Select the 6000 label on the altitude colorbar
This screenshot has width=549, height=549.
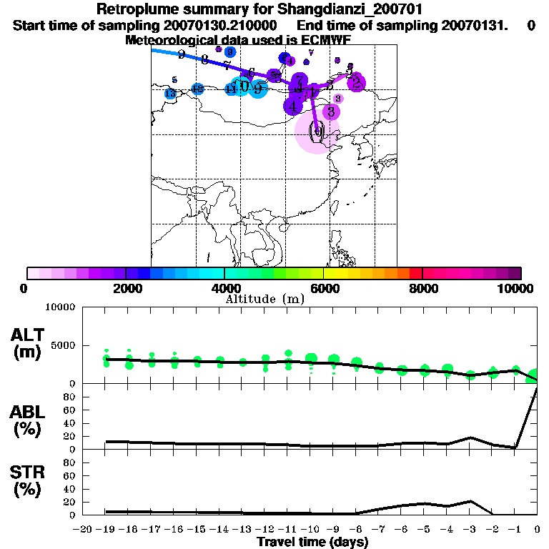tap(324, 288)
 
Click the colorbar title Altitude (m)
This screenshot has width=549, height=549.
tap(264, 299)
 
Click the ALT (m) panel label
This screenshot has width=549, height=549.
tap(28, 343)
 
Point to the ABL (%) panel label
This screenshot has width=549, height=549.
tap(28, 420)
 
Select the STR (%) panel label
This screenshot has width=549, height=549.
tap(28, 481)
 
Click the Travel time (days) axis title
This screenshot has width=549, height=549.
tap(312, 543)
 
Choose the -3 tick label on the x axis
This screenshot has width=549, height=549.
tap(469, 530)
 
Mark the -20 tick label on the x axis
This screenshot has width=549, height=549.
tap(83, 530)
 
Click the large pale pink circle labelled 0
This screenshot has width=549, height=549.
tap(317, 132)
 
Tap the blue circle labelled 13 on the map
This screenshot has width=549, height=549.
tap(170, 94)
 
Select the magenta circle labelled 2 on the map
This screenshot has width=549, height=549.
tap(357, 83)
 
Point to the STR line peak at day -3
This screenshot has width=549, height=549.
tap(470, 501)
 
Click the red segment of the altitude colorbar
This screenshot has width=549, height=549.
tap(415, 273)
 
